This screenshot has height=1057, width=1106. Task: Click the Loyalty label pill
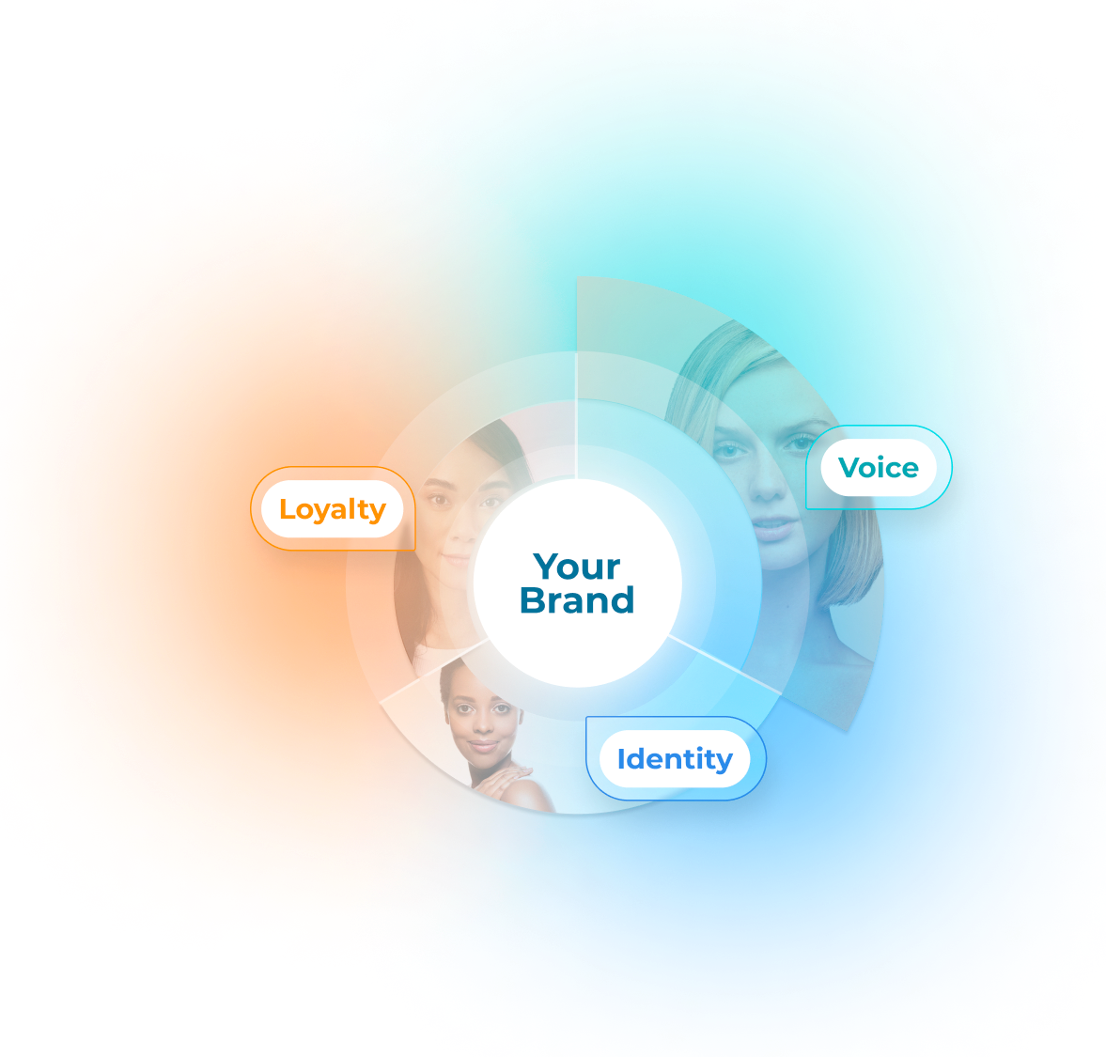[x=332, y=509]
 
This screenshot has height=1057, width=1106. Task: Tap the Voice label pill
[x=878, y=468]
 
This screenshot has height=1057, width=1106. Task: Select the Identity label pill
[x=674, y=759]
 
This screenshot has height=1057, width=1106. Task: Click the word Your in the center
[x=577, y=567]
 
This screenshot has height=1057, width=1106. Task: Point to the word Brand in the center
[x=577, y=601]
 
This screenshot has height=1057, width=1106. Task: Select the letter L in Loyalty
[x=287, y=509]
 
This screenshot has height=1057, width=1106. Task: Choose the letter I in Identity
[x=621, y=759]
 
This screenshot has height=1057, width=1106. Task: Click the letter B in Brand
[x=532, y=601]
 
